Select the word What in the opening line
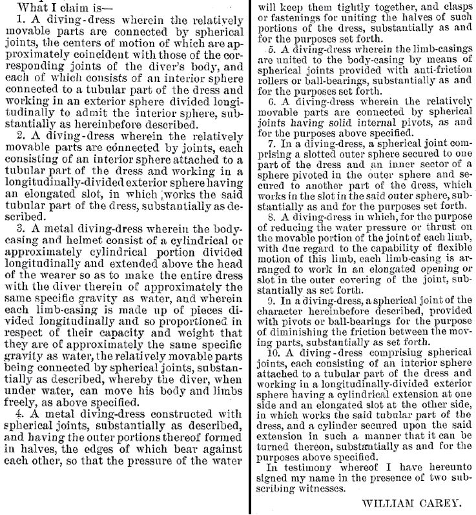[x=30, y=7]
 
